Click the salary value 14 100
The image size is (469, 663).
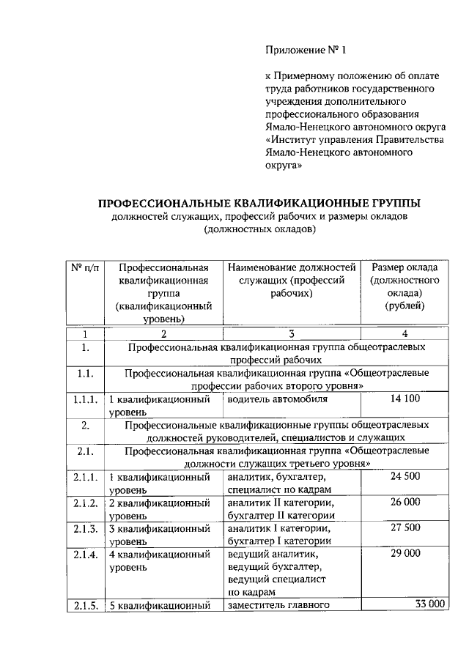tap(405, 399)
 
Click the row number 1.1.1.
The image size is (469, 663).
tap(86, 400)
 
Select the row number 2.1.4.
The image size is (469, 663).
tap(86, 555)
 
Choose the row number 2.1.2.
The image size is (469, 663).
tap(86, 503)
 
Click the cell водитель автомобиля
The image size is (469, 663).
tap(277, 400)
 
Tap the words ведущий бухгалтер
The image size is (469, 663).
tap(275, 566)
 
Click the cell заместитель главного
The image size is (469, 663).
tap(280, 605)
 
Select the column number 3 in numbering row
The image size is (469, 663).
tap(291, 333)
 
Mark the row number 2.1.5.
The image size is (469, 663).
tap(86, 605)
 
